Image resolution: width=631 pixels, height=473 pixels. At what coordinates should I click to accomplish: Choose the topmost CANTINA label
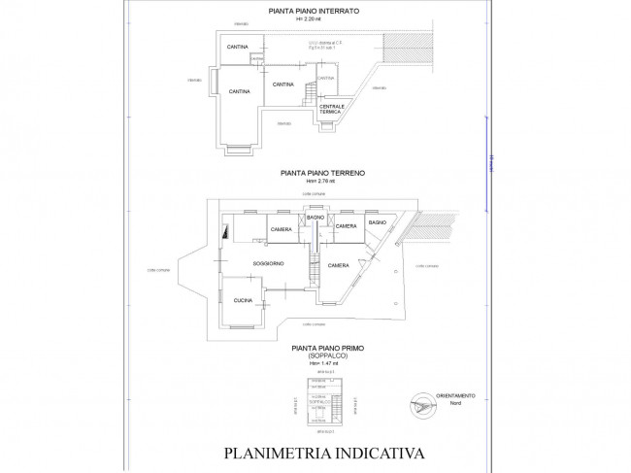coord(236,47)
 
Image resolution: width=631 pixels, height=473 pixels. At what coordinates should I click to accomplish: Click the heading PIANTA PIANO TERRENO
coord(320,172)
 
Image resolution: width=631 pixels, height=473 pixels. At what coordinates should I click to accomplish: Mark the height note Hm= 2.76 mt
coord(320,180)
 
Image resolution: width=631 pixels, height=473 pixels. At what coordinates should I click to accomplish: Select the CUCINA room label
coord(243,301)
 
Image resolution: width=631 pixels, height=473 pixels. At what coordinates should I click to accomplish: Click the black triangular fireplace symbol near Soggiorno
coord(226,231)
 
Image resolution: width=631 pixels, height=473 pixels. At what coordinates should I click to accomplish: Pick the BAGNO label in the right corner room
coord(377,223)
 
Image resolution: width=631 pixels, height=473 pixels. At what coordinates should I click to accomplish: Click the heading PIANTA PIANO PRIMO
coord(320,346)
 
